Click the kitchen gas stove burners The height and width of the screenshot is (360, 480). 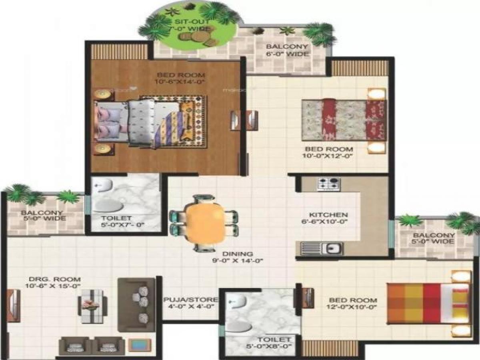pyautogui.click(x=329, y=184)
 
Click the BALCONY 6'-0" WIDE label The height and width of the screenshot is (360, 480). pyautogui.click(x=288, y=50)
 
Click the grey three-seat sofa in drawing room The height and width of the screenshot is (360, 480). pyautogui.click(x=136, y=305)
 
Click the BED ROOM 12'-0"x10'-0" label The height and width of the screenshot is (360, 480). pyautogui.click(x=352, y=304)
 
